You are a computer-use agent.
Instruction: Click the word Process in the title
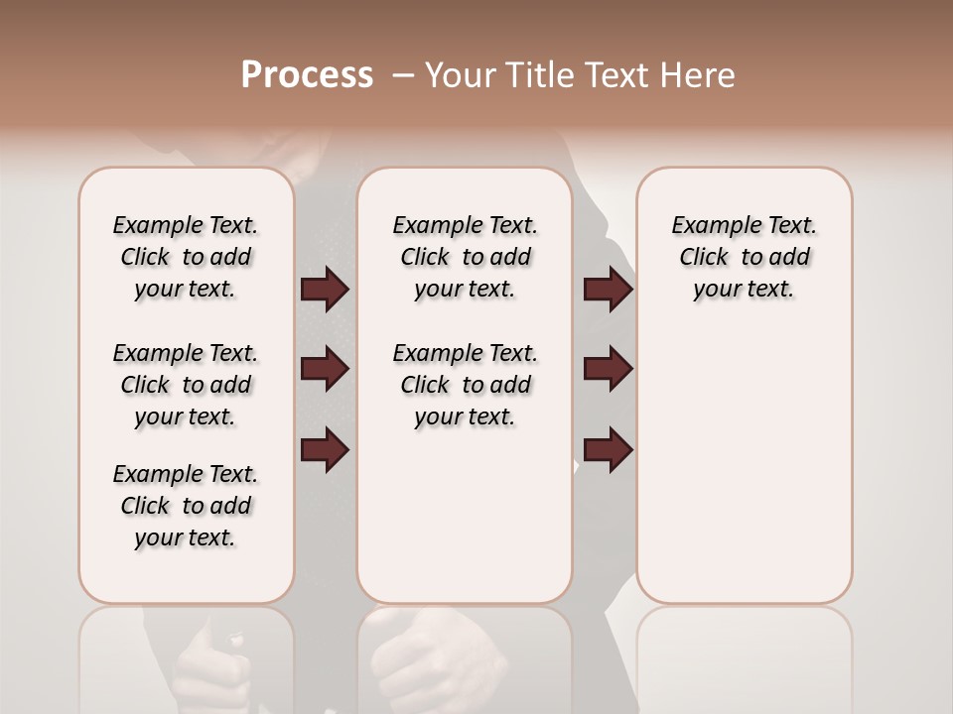pos(307,75)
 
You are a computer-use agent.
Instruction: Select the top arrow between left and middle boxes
pos(325,290)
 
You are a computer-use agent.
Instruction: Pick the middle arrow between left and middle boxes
pos(325,369)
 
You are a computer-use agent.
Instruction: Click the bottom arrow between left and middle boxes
pos(325,450)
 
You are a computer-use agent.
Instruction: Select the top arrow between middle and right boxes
pos(608,290)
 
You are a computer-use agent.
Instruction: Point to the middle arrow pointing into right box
pos(608,369)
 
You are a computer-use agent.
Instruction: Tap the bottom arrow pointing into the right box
pos(608,450)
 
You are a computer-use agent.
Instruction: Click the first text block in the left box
pos(186,257)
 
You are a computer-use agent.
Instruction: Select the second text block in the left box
pos(186,385)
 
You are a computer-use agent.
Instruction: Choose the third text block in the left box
pos(186,506)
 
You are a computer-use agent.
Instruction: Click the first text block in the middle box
pos(465,257)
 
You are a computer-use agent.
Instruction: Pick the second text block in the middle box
pos(465,385)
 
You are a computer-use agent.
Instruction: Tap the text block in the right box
pos(745,257)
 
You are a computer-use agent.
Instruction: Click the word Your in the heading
pos(458,75)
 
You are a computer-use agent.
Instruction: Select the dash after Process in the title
pos(403,75)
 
